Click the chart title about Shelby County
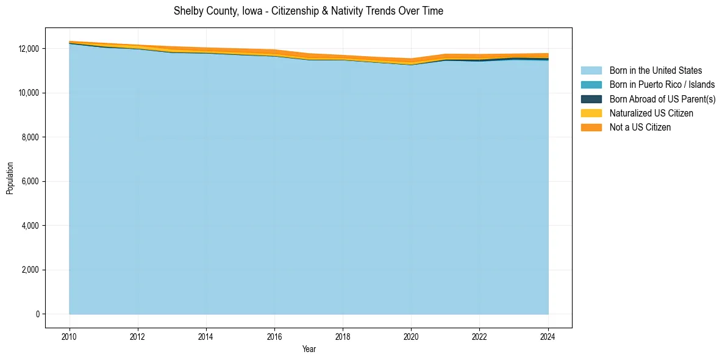308,11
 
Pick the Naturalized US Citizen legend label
651,113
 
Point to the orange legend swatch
591,128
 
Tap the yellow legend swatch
591,113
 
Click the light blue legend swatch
591,71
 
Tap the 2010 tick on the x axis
70,336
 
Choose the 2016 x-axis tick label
275,336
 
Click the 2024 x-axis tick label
548,336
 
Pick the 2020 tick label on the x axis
412,336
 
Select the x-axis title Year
309,349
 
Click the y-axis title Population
10,178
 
